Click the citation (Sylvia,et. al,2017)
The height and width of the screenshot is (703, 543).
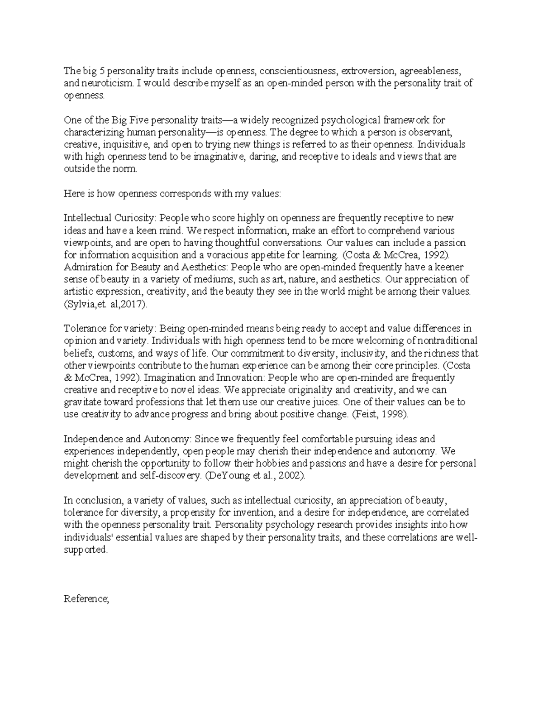tap(106, 304)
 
